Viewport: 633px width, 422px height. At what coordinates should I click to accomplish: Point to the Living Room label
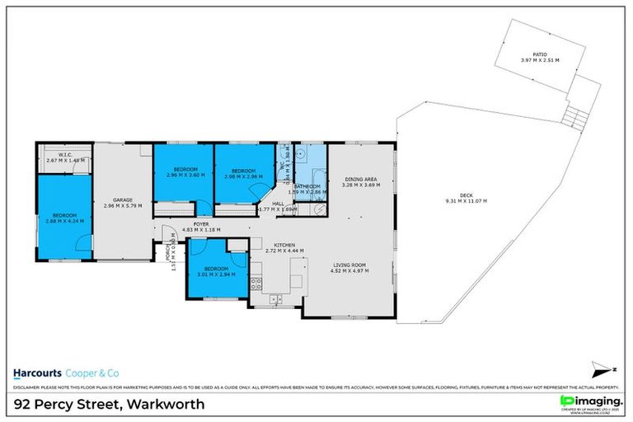click(348, 267)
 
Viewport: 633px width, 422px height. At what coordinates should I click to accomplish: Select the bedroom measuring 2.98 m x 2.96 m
click(245, 172)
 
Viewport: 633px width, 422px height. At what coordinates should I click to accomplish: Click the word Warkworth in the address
click(167, 405)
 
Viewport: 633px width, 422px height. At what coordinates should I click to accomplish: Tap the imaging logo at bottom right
click(589, 401)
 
